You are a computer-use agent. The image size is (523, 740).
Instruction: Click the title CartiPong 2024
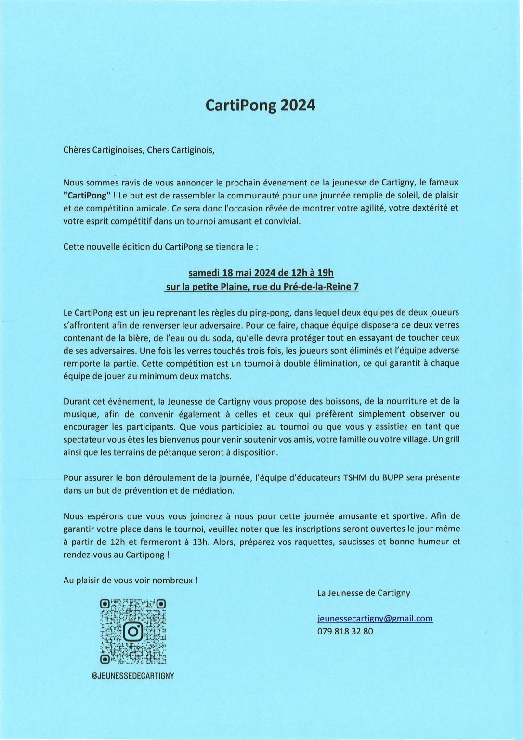260,105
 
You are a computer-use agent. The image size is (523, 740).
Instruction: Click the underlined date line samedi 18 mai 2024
261,273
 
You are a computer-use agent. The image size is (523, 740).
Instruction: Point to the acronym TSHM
355,478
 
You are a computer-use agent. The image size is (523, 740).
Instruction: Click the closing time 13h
200,542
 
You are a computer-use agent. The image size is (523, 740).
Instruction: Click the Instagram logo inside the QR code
133,632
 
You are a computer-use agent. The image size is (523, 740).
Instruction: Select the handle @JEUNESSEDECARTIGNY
133,676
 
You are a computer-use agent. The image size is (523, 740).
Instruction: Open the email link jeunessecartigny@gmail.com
375,619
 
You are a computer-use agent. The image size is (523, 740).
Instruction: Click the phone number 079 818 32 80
345,631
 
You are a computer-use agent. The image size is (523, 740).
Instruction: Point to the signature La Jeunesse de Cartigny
364,593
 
